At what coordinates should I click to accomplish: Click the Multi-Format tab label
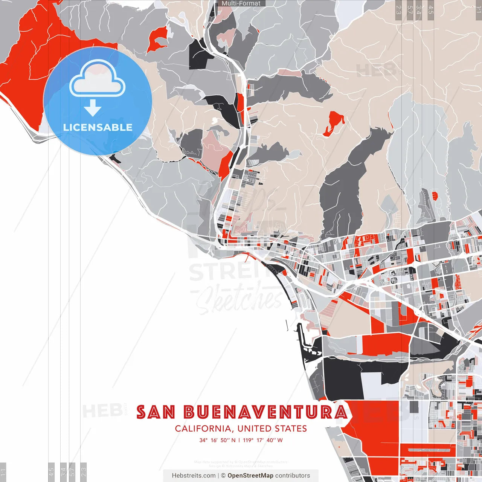[x=241, y=3]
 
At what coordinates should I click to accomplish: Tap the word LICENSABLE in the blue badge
[x=98, y=127]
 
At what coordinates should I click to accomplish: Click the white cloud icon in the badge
[x=98, y=79]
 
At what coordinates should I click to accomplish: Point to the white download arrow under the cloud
[x=93, y=107]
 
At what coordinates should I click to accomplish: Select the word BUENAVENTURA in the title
[x=266, y=412]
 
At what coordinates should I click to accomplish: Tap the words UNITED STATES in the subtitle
[x=272, y=429]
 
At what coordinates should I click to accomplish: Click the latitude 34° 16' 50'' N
[x=217, y=440]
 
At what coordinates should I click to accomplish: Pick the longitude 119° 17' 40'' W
[x=262, y=440]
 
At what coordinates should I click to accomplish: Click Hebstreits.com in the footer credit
[x=194, y=476]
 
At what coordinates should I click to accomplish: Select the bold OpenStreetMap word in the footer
[x=250, y=476]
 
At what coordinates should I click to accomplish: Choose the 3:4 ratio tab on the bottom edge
[x=63, y=471]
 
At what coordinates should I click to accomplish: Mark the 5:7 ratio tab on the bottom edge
[x=73, y=471]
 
